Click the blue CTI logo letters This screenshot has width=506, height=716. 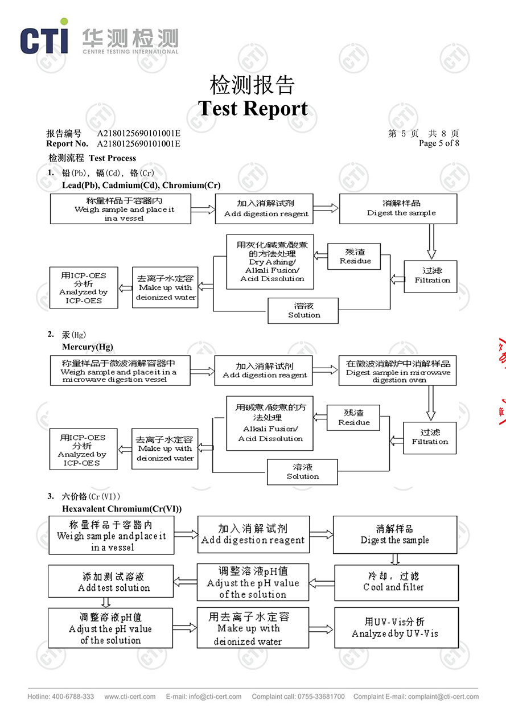pyautogui.click(x=44, y=40)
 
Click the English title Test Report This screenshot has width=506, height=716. pyautogui.click(x=253, y=108)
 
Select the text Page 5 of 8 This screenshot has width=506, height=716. pyautogui.click(x=439, y=143)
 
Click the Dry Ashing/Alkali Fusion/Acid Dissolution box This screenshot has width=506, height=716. pyautogui.click(x=270, y=262)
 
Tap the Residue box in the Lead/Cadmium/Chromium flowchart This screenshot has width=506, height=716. pyautogui.click(x=354, y=256)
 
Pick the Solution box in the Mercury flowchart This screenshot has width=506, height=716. pyautogui.click(x=302, y=472)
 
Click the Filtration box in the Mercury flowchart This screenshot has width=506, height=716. pyautogui.click(x=430, y=438)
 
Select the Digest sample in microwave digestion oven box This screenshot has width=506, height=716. pyautogui.click(x=398, y=371)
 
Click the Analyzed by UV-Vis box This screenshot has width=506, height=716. pyautogui.click(x=396, y=627)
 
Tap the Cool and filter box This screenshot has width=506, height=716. pyautogui.click(x=396, y=583)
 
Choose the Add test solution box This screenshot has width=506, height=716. pyautogui.click(x=111, y=581)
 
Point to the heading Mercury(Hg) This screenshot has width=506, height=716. pyautogui.click(x=88, y=347)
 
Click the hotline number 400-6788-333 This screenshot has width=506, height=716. pyautogui.click(x=73, y=696)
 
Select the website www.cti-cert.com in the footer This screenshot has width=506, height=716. pyautogui.click(x=130, y=696)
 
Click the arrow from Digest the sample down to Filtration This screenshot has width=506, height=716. pyautogui.click(x=431, y=241)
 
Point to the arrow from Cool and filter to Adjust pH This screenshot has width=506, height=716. pyautogui.click(x=322, y=583)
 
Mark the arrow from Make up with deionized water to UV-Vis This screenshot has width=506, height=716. pyautogui.click(x=321, y=629)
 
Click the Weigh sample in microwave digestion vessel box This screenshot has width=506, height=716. pyautogui.click(x=120, y=371)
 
